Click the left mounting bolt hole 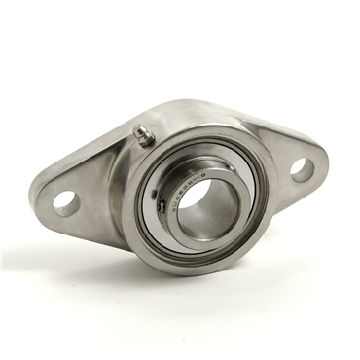(x=66, y=202)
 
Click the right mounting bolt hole (x=301, y=169)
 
